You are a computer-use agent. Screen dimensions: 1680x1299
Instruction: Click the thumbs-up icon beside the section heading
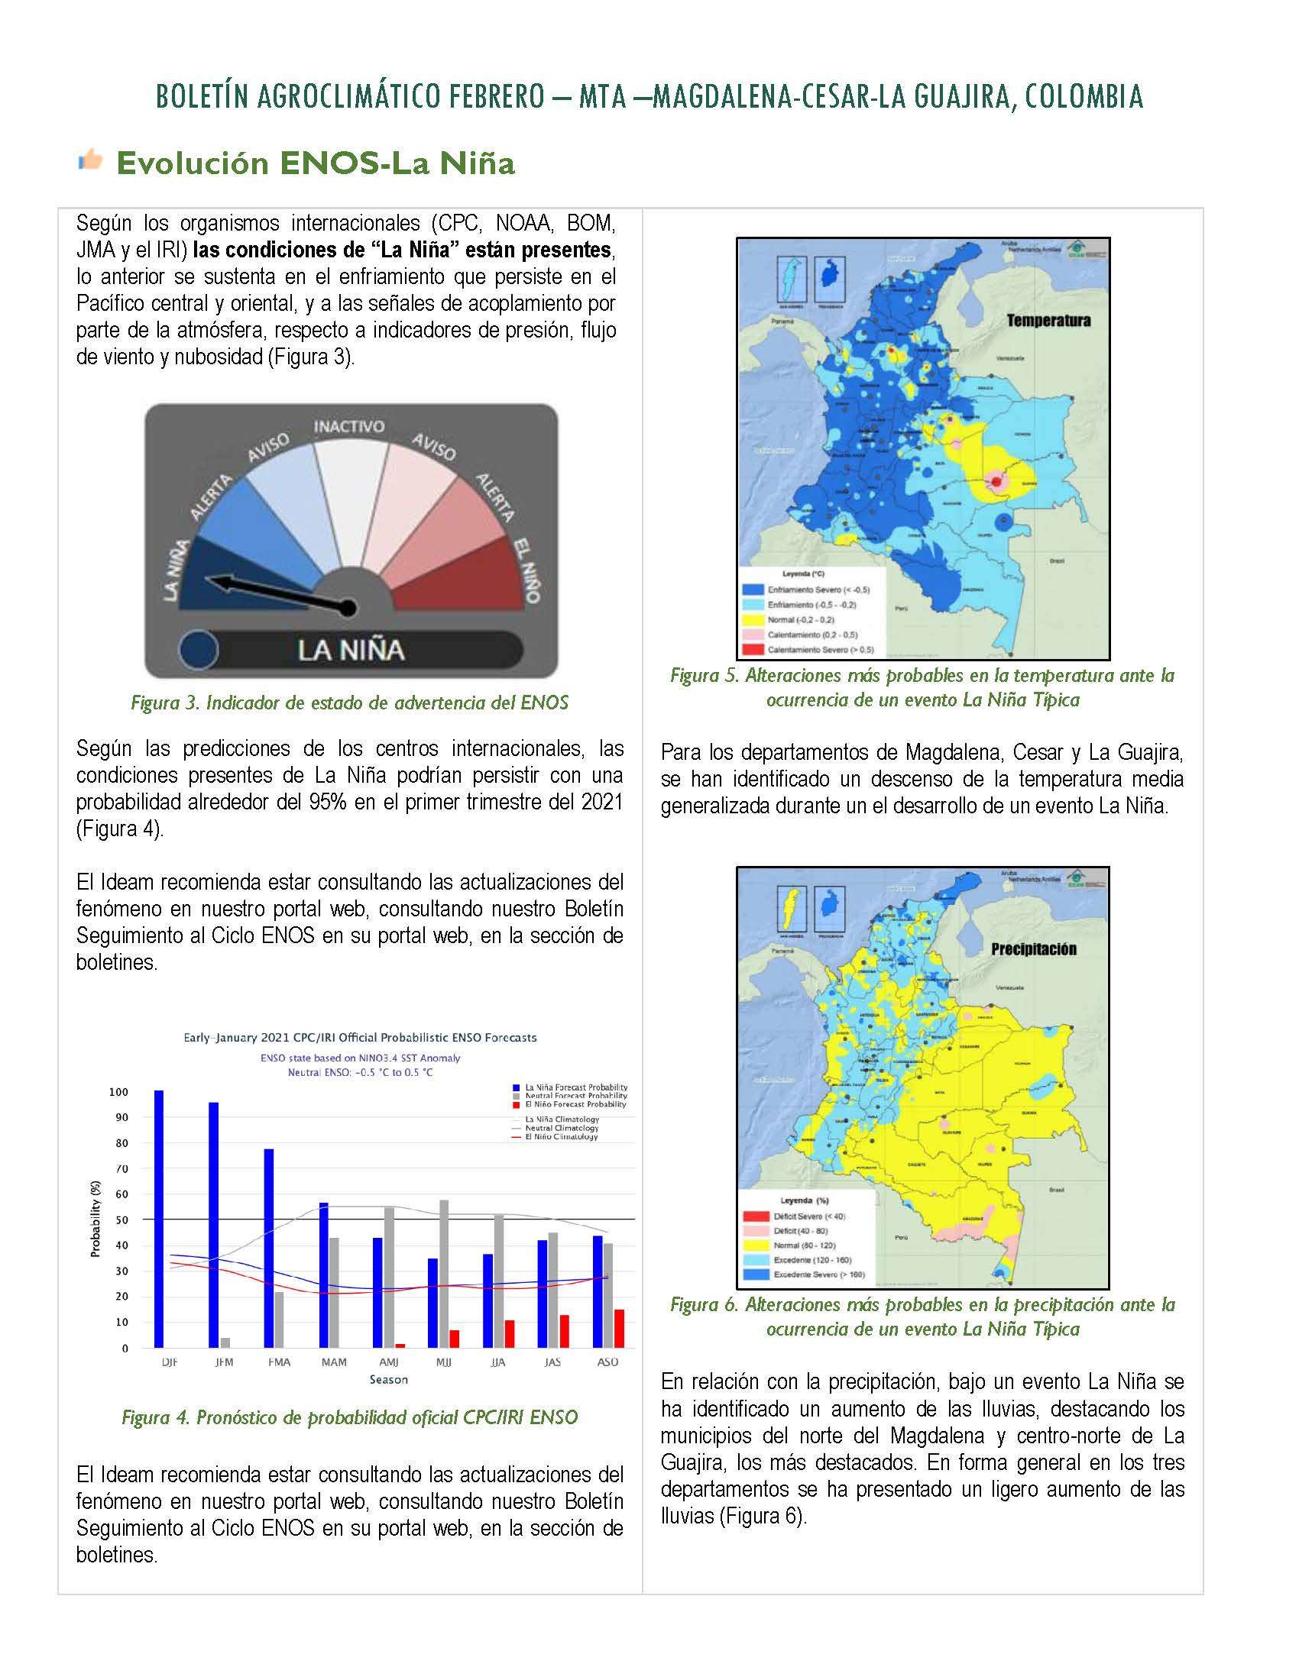(x=90, y=160)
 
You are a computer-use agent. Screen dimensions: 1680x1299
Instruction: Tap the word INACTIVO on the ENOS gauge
(x=348, y=426)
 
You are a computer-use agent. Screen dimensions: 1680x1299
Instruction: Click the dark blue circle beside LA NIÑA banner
(x=199, y=649)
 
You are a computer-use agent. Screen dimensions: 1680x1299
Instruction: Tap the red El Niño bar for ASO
(x=619, y=1329)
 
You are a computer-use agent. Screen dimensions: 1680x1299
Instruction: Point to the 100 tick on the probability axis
(x=118, y=1092)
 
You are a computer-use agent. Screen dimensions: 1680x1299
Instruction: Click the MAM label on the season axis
(x=334, y=1362)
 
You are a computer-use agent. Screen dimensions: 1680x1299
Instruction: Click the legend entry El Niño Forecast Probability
(x=575, y=1105)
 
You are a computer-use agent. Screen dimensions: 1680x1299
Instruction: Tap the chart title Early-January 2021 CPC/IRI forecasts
(x=359, y=1038)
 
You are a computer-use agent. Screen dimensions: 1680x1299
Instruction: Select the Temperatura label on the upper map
(x=1048, y=321)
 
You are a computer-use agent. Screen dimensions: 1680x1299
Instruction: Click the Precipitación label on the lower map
(x=1034, y=949)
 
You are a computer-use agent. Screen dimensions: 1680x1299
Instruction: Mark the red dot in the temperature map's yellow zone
(x=996, y=482)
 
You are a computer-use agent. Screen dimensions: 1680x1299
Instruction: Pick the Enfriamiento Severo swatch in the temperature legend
(x=752, y=590)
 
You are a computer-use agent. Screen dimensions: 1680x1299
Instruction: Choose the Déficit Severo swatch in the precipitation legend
(x=756, y=1217)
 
